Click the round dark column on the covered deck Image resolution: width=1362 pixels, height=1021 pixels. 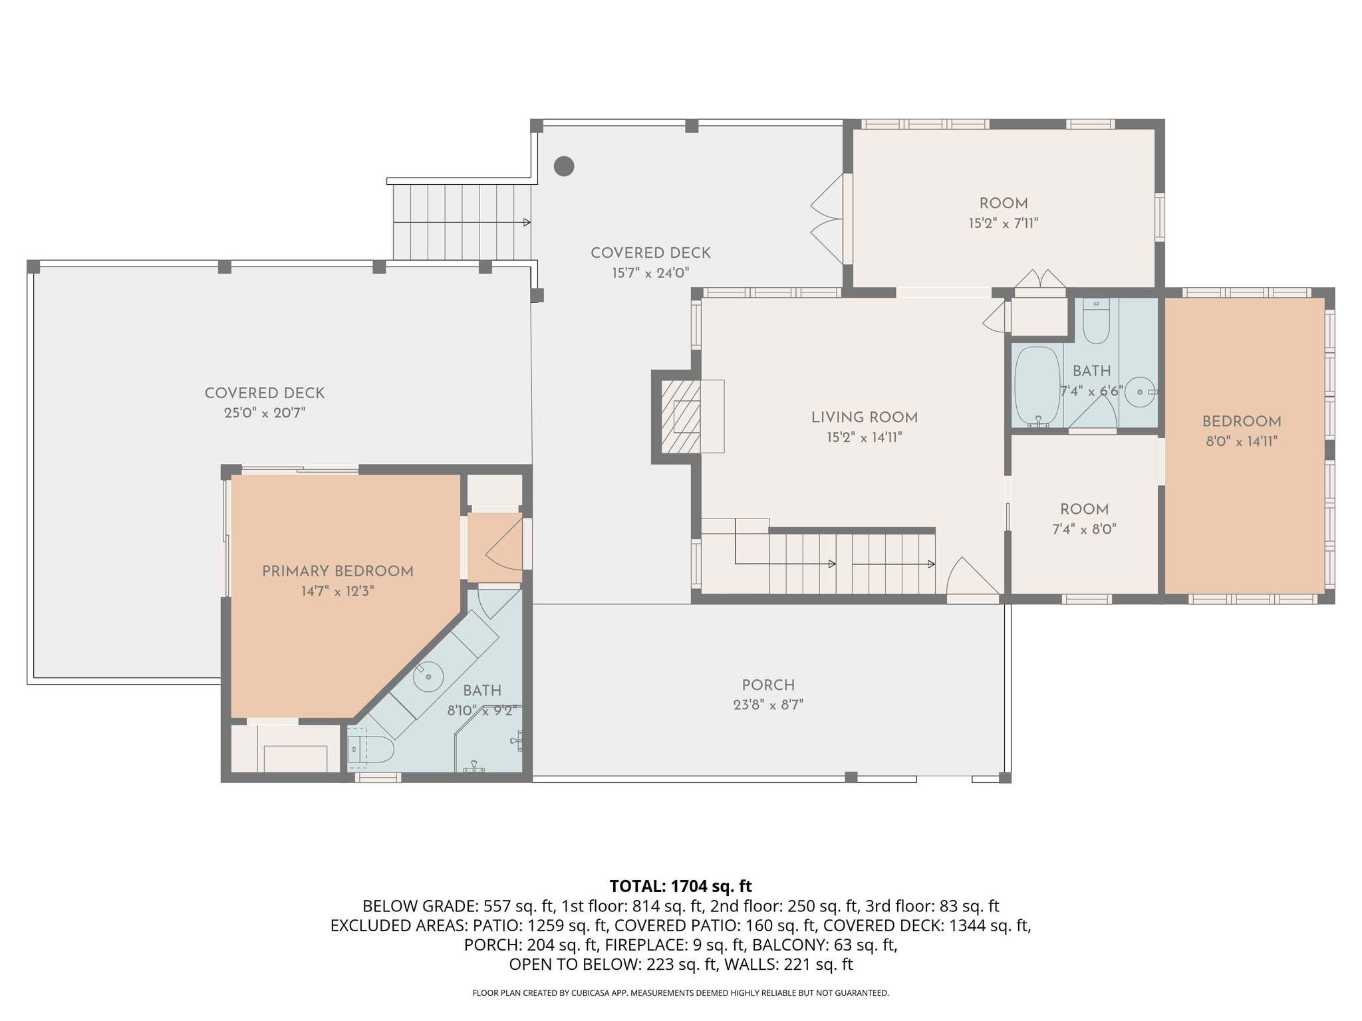564,166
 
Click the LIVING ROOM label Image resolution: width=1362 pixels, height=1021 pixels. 864,417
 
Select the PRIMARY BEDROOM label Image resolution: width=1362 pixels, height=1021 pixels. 337,571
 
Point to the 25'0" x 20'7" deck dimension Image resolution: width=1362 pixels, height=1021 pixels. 265,413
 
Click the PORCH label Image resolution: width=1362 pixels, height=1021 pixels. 768,685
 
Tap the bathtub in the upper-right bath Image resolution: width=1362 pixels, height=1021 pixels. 1037,386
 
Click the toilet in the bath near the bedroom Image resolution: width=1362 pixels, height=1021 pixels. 1096,322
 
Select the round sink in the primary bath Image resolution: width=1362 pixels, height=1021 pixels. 428,677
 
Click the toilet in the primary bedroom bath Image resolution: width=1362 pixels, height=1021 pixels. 372,749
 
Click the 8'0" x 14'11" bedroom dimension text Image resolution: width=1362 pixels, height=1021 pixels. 1242,441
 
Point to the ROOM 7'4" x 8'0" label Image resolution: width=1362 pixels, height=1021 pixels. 1084,509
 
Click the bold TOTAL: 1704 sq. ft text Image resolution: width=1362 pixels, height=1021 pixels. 680,886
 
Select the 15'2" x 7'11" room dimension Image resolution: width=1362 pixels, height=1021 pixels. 1003,223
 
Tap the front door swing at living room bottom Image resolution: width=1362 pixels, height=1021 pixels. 970,578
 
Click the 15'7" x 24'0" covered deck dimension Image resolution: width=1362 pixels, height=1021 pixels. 650,273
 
